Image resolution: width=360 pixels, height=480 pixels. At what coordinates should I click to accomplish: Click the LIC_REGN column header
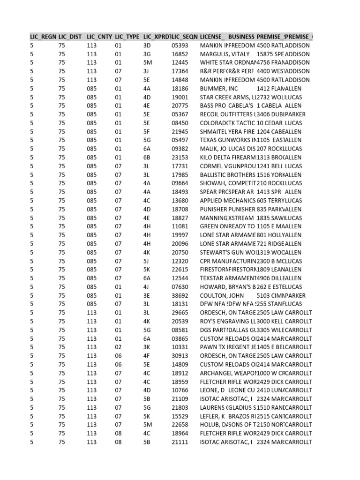(43, 37)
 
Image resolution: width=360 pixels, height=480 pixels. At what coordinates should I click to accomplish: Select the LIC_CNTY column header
(99, 37)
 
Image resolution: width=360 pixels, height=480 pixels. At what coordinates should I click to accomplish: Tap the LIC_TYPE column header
(127, 37)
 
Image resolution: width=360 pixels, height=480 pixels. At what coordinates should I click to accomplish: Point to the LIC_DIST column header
(71, 37)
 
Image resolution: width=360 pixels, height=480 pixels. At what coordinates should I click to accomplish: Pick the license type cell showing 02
(118, 347)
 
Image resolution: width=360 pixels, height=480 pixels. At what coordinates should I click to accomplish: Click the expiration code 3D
(147, 45)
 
